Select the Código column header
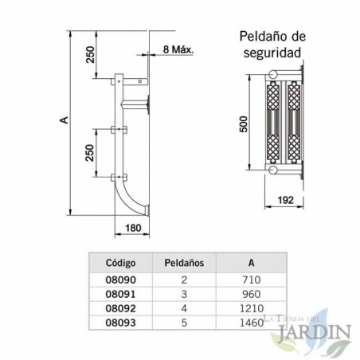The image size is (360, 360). (x=119, y=262)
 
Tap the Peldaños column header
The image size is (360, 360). (x=184, y=262)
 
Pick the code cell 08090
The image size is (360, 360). (x=120, y=280)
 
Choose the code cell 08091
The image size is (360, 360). (x=120, y=293)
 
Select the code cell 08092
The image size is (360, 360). (x=120, y=307)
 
